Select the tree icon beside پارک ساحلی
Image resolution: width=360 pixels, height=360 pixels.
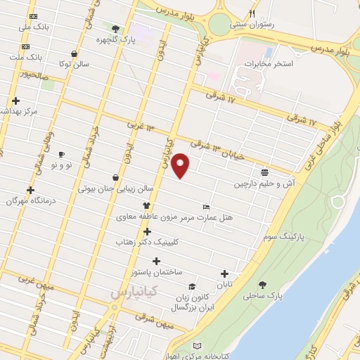(x=262, y=285)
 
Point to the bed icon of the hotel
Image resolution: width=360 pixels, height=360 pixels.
(x=205, y=207)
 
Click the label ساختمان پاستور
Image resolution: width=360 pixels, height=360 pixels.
(x=157, y=271)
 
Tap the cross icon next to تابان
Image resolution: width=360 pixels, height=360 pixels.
(x=224, y=274)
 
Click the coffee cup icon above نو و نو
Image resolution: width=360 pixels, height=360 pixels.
(x=61, y=154)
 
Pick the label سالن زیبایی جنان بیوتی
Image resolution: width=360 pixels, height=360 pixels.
(x=115, y=188)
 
